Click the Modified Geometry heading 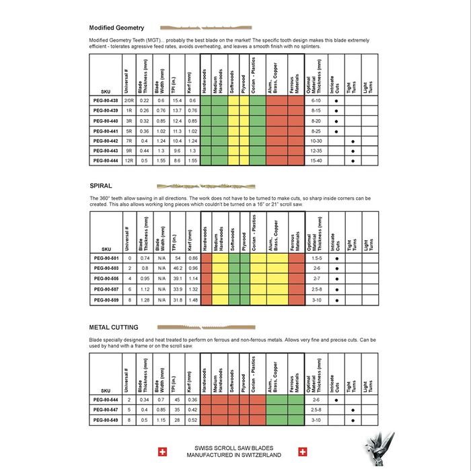116,28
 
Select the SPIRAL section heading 101,184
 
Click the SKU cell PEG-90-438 105,100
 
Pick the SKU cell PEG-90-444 105,161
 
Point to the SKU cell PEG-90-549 105,419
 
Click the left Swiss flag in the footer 161,451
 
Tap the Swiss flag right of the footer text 303,451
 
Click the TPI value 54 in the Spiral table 176,258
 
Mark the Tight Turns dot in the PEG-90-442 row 353,141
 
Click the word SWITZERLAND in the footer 258,456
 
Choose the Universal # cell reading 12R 128,161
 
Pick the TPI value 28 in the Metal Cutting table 176,419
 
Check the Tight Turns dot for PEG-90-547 353,409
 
